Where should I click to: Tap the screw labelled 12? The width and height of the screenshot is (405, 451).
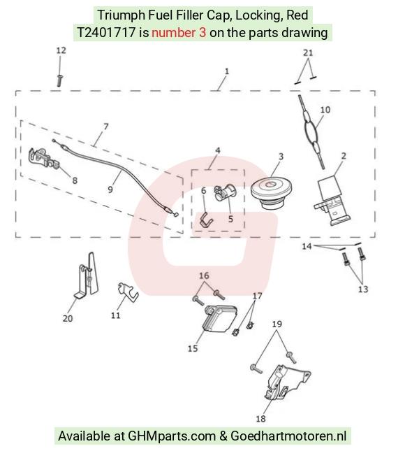pos(60,80)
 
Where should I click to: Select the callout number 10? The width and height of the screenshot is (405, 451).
pos(325,110)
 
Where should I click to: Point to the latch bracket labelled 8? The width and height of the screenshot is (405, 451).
pos(44,160)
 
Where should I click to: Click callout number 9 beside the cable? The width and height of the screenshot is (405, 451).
pos(110,189)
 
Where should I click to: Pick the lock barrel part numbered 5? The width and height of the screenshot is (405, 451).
pos(226,192)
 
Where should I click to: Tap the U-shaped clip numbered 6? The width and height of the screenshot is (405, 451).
pos(206,220)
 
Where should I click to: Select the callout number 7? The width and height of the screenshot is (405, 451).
pos(106,127)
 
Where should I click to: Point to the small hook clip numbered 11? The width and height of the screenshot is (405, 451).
pos(128,292)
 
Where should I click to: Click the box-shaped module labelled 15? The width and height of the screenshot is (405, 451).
pos(221,318)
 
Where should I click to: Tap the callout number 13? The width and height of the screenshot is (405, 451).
pos(363,289)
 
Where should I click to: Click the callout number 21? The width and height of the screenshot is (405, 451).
pos(308,52)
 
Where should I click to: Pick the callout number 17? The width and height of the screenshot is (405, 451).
pos(258,296)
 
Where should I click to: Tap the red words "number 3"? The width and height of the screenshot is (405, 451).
pos(179,33)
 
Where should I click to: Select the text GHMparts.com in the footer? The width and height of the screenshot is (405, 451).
pos(172,436)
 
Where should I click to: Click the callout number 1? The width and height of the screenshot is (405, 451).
pos(227,71)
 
